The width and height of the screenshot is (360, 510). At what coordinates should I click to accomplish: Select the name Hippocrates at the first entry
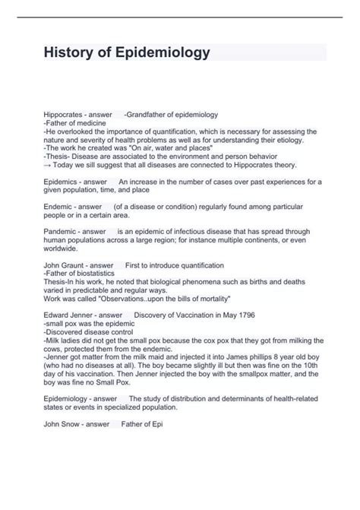pos(63,115)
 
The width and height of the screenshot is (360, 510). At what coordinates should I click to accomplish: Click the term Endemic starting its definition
pos(57,207)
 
